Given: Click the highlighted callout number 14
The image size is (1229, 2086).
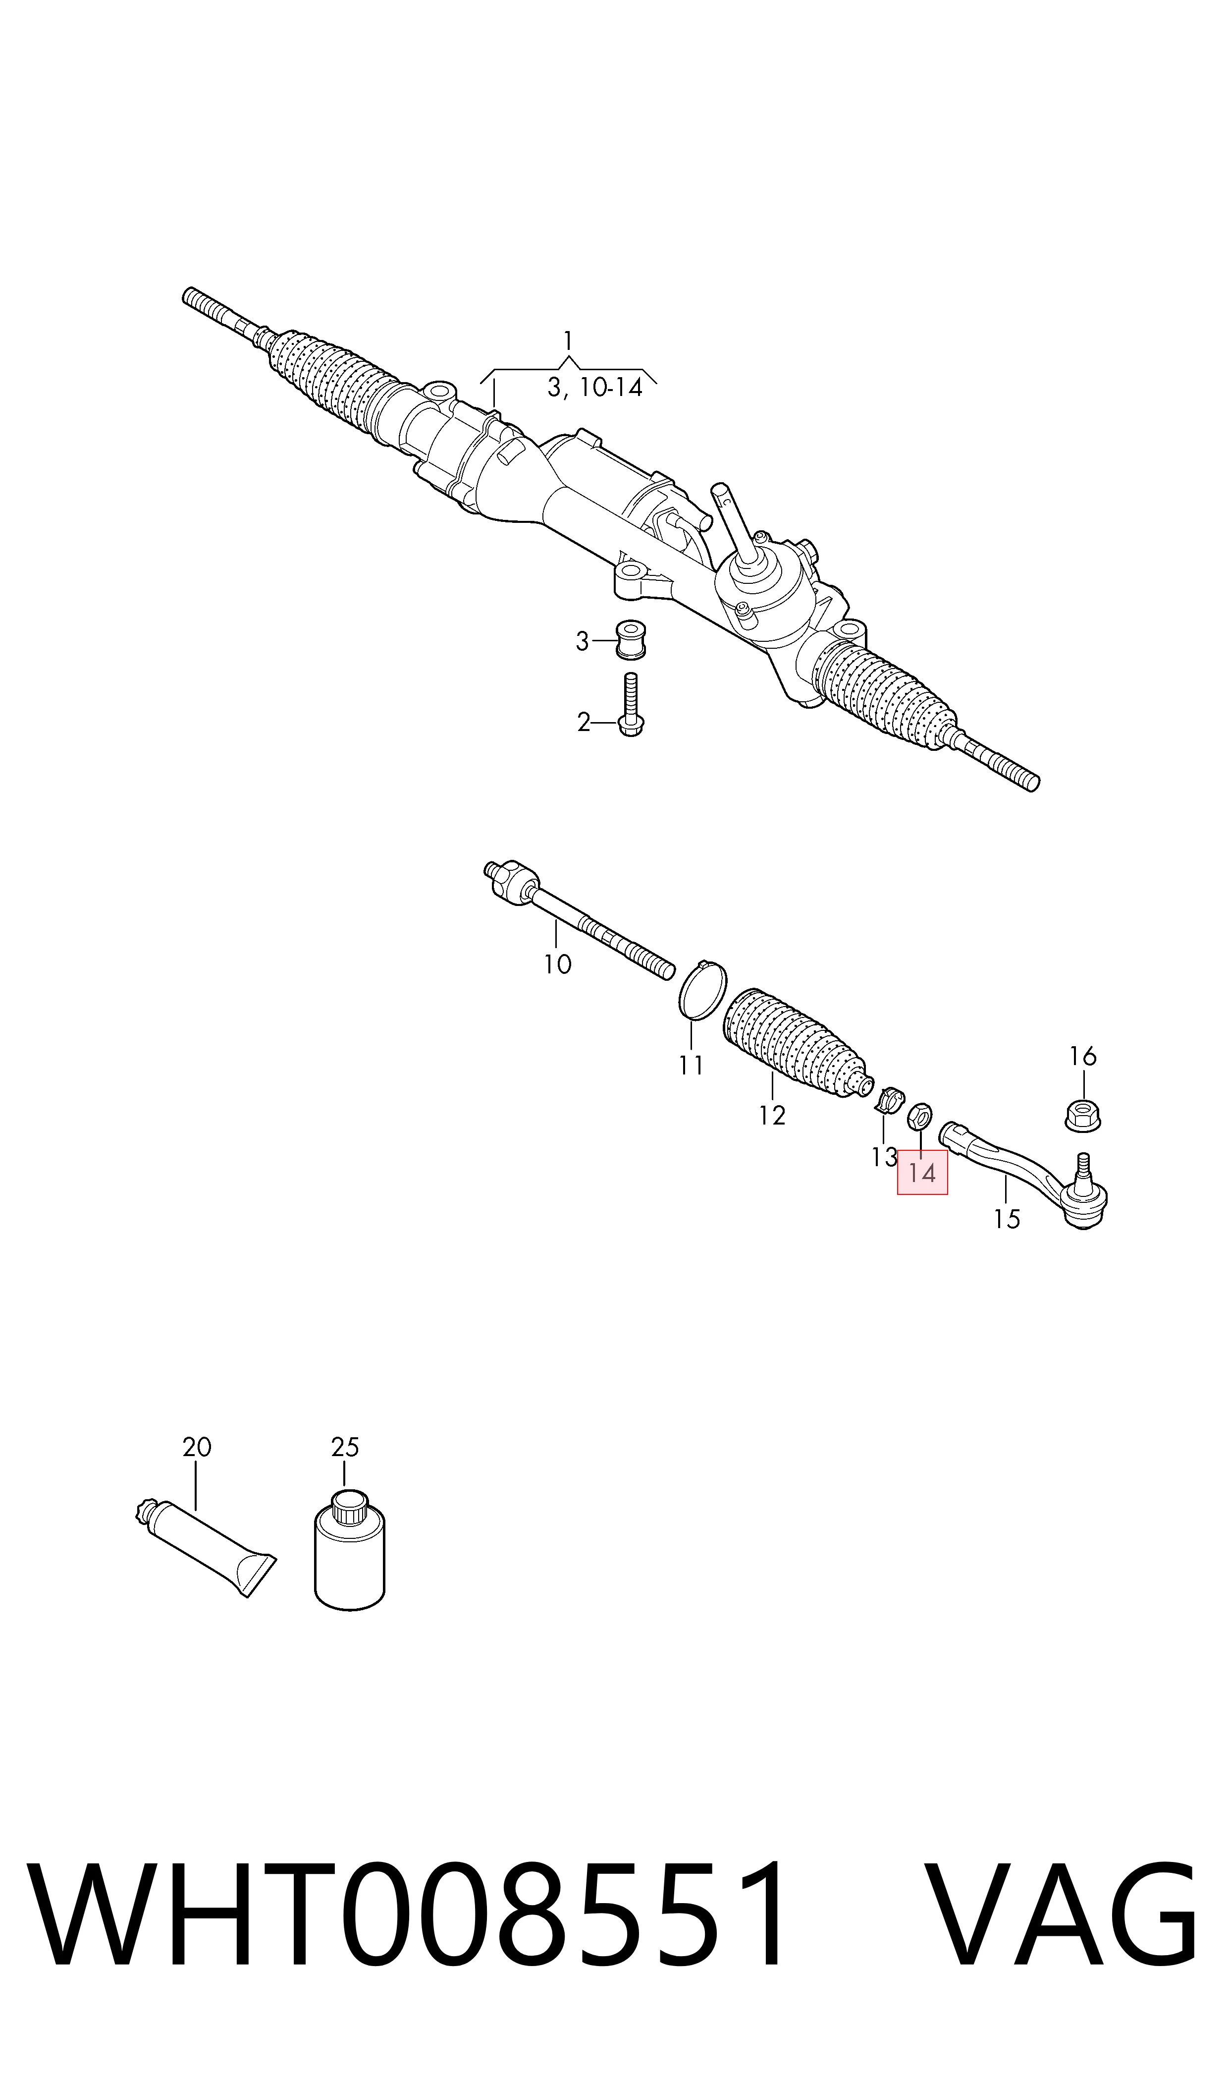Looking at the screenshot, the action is coord(922,1172).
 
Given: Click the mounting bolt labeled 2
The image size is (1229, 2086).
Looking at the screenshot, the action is coord(630,705).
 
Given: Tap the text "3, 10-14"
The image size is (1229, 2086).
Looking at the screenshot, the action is coord(594,387).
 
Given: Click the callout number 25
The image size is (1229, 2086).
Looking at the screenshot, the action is coord(344,1447).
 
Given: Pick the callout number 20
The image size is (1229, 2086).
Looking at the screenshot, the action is coord(197,1447).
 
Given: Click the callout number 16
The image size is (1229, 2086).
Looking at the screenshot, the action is coord(1082,1056).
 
